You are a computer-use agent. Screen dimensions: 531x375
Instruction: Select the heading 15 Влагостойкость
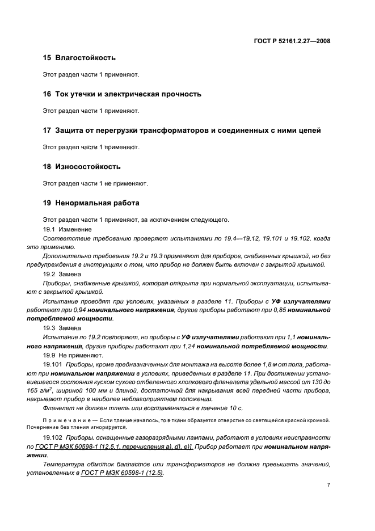click(79, 58)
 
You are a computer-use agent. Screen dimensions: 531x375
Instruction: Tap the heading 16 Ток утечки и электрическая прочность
click(122, 94)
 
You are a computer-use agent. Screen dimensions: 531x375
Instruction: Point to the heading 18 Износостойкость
click(82, 167)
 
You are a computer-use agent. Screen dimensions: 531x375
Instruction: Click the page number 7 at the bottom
click(328, 486)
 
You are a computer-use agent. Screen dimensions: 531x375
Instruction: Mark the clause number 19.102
click(52, 439)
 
